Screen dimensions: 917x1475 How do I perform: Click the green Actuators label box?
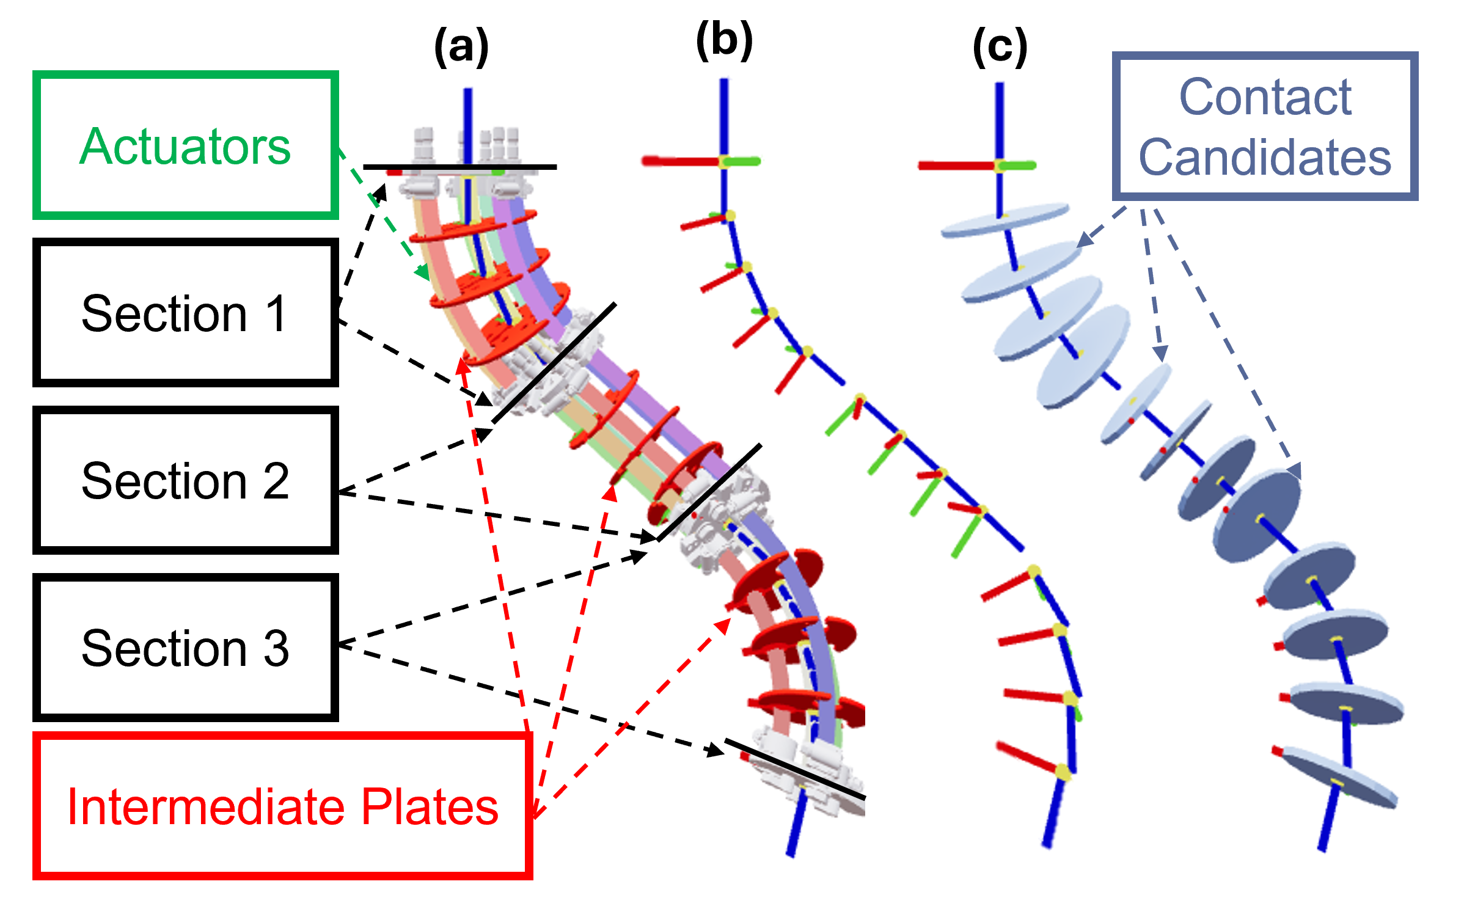pos(185,145)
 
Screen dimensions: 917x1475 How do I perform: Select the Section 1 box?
pos(185,312)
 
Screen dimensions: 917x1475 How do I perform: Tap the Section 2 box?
pos(185,480)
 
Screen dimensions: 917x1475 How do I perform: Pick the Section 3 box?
pos(185,647)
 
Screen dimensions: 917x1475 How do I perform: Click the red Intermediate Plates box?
pos(282,806)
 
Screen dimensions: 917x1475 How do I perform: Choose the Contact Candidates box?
pos(1265,126)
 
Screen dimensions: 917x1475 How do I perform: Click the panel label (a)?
pos(461,47)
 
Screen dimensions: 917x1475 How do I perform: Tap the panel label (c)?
pos(1000,47)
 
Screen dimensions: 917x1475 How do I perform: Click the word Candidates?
pos(1265,157)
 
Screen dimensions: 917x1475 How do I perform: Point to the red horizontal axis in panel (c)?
pos(956,166)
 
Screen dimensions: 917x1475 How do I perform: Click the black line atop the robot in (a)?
pos(459,167)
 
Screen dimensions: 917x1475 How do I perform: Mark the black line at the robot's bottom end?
pos(794,769)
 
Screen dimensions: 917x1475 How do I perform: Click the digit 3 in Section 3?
pos(276,648)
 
